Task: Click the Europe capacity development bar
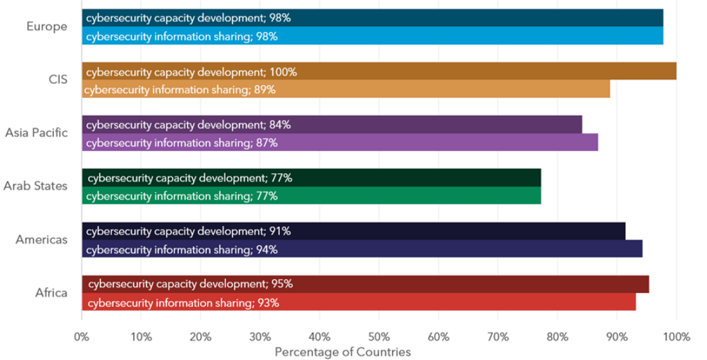click(x=373, y=18)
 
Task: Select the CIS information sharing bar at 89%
click(x=346, y=89)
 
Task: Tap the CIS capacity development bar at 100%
click(x=379, y=71)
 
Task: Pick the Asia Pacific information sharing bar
click(x=340, y=142)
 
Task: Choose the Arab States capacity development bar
click(x=312, y=178)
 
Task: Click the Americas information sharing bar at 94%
click(x=362, y=250)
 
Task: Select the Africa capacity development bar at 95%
click(x=365, y=284)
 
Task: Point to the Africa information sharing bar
click(x=359, y=303)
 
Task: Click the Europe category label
click(x=47, y=27)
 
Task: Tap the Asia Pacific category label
click(x=36, y=132)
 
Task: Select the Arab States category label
click(x=35, y=186)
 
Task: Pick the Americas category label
click(x=41, y=239)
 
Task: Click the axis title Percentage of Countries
click(x=343, y=351)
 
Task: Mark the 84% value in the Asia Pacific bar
click(x=280, y=124)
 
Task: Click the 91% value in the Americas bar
click(x=280, y=232)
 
